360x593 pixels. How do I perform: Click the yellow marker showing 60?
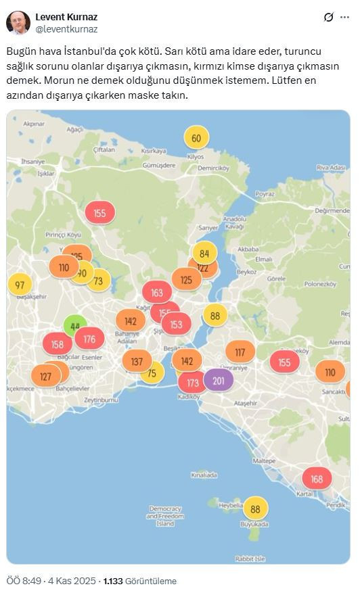[x=196, y=139]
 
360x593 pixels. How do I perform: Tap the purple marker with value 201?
[x=219, y=381]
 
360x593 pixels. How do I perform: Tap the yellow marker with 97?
[x=20, y=285]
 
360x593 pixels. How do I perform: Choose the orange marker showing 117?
[x=240, y=352]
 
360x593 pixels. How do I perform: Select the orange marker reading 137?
[x=137, y=361]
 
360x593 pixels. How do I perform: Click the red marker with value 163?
[x=157, y=293]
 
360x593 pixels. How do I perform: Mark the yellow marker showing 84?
[x=204, y=254]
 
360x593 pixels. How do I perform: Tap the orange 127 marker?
[x=46, y=377]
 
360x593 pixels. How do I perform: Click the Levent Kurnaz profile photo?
[x=18, y=22]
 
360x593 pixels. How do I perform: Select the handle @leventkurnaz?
[x=66, y=29]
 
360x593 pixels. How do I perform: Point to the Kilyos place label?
[x=196, y=156]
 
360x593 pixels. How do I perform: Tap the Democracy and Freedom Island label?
[x=165, y=516]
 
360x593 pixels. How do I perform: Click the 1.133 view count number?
[x=114, y=581]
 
